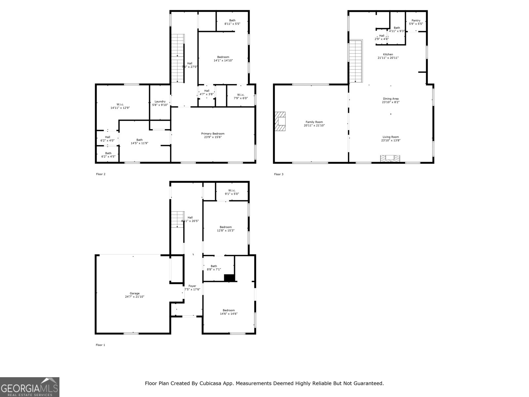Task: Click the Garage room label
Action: tap(135, 293)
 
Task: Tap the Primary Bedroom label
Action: tap(213, 134)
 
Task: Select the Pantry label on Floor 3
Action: tap(416, 21)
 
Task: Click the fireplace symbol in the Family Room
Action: tap(280, 121)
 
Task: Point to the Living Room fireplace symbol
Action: tap(390, 158)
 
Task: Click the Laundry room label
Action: tap(160, 102)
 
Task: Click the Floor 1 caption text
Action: tap(101, 345)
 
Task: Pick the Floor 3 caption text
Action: tap(279, 174)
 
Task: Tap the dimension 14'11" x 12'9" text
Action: tap(120, 108)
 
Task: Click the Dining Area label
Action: tap(391, 99)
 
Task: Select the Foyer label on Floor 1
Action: tap(192, 286)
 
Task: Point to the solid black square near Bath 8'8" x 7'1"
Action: tap(229, 278)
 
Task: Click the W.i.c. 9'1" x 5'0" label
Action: tap(232, 190)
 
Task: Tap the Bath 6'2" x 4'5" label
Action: tap(108, 153)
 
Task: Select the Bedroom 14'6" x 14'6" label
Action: tap(228, 310)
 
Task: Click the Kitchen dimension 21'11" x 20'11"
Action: tap(388, 58)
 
